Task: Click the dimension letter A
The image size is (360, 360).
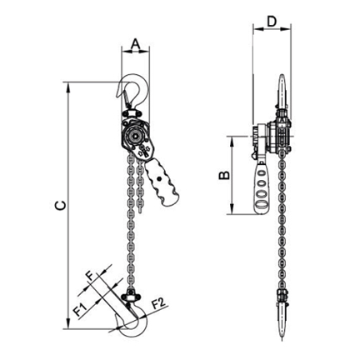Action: coord(135,44)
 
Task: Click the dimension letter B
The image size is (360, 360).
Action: coord(224,175)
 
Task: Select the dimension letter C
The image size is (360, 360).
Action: coord(61,205)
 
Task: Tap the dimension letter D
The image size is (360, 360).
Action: coord(272,22)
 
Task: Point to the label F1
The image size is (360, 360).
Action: coord(81,310)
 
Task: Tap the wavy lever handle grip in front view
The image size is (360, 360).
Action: coord(162,183)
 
